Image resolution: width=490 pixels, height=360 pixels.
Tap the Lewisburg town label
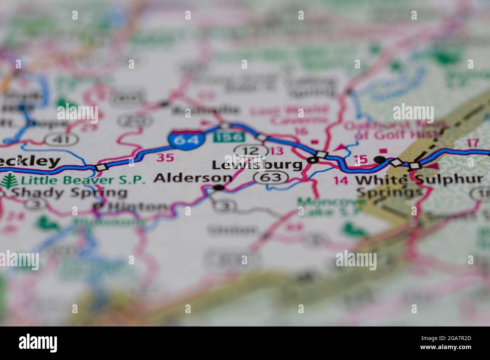(x=257, y=165)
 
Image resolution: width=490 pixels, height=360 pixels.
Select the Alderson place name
(x=193, y=178)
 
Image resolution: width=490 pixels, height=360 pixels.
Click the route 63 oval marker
(x=271, y=177)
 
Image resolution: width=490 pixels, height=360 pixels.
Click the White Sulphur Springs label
(x=418, y=180)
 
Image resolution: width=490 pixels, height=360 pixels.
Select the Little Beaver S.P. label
(x=83, y=180)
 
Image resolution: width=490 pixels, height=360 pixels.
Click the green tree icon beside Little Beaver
(x=7, y=181)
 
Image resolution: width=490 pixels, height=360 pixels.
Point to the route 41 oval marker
(x=61, y=140)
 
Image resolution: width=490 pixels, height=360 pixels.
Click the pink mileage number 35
(x=165, y=157)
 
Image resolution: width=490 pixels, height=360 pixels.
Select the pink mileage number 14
(x=341, y=180)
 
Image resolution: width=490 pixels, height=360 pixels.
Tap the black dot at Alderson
(x=219, y=187)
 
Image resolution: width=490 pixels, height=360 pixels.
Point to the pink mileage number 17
(x=472, y=143)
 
